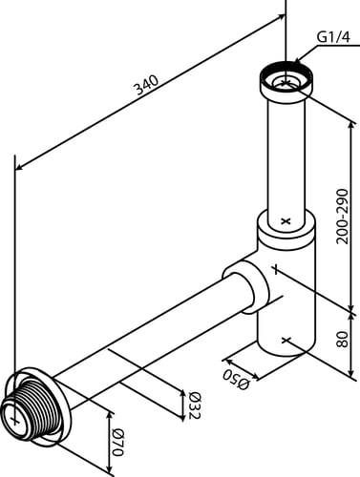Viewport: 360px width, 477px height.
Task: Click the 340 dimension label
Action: (147, 85)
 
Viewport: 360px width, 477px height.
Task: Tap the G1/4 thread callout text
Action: (333, 37)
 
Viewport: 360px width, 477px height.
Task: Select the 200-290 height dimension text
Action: (343, 217)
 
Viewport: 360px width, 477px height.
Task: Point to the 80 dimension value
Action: (343, 340)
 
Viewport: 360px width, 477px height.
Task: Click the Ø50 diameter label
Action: (236, 380)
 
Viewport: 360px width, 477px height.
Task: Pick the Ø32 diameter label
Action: (195, 405)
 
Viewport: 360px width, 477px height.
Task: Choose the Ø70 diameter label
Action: (118, 443)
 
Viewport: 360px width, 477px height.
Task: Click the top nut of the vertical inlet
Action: (287, 82)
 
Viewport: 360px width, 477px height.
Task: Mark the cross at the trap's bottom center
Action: (286, 341)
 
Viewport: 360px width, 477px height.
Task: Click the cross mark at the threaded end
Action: (14, 420)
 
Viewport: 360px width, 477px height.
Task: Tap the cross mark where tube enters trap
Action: (286, 220)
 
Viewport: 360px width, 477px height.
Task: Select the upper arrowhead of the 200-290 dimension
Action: (351, 125)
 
